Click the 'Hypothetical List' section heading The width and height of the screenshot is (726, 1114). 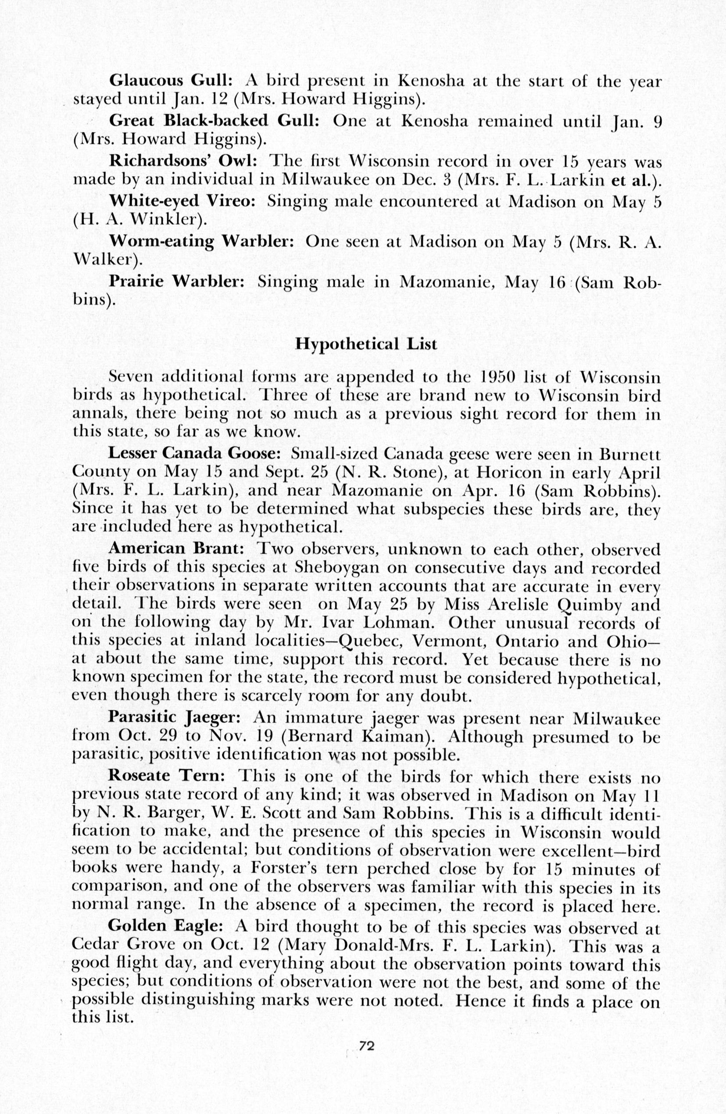click(x=365, y=344)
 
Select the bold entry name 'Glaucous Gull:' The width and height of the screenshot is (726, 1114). click(x=171, y=82)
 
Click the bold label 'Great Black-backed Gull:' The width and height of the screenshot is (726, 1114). click(x=214, y=121)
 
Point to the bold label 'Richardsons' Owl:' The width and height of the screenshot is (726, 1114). click(x=183, y=161)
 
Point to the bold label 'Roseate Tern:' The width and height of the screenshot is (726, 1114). click(x=167, y=775)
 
